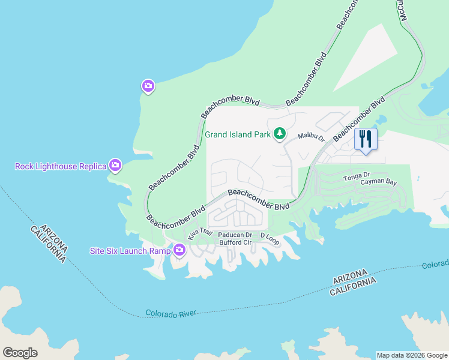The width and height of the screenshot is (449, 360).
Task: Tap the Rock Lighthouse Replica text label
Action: [x=60, y=166]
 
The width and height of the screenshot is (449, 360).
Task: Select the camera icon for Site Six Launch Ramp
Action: [x=179, y=250]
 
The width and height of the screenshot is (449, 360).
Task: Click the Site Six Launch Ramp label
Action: [x=130, y=250]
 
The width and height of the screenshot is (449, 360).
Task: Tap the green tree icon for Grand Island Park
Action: [x=279, y=134]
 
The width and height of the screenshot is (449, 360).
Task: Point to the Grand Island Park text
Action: [x=238, y=134]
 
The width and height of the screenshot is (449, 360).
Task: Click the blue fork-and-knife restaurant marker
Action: [x=365, y=139]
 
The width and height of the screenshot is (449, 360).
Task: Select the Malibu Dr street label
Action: [x=312, y=138]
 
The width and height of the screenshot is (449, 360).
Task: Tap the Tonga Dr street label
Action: [x=355, y=175]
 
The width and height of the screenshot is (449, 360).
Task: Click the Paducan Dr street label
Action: [x=234, y=235]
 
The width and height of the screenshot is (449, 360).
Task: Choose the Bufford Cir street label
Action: [x=235, y=242]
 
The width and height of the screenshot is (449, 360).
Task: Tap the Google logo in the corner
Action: [x=20, y=353]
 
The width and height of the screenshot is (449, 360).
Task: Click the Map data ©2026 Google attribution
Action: [x=411, y=355]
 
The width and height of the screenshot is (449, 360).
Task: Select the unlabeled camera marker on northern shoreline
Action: [x=148, y=86]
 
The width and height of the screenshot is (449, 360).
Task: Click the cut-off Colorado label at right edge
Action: [x=435, y=265]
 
